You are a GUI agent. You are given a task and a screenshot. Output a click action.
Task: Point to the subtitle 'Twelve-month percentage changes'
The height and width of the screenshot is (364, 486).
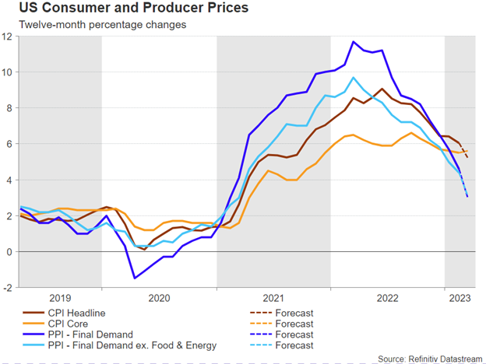point(103,26)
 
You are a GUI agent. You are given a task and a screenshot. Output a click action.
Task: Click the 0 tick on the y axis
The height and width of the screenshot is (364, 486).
point(9,252)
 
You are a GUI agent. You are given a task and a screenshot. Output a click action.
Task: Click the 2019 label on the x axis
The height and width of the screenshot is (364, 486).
point(60,298)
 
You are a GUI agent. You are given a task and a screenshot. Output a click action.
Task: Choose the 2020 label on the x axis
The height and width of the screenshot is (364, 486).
point(158,298)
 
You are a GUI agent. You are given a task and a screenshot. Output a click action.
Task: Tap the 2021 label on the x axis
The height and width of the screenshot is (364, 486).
point(273,298)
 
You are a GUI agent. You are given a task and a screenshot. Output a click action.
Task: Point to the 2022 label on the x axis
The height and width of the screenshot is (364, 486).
point(387,298)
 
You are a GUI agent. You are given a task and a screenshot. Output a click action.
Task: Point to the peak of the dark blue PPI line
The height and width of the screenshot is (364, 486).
point(354,42)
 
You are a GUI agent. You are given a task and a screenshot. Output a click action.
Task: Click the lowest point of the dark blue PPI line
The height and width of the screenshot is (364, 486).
point(135,278)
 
